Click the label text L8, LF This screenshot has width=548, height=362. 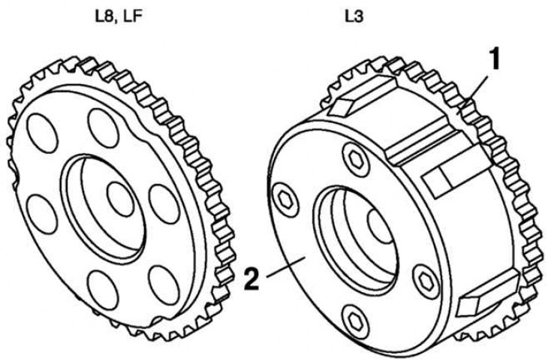[119, 17]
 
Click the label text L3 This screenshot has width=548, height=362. [354, 17]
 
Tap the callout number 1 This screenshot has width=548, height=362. [493, 60]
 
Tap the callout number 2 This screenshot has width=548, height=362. [252, 279]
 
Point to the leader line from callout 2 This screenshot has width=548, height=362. [286, 267]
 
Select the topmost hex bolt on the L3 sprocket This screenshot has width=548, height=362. [356, 160]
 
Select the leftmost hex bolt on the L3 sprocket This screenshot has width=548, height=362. [285, 200]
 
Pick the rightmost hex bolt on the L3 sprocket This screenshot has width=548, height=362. [426, 282]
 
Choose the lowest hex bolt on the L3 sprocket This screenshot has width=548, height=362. [356, 322]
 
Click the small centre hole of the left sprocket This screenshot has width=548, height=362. [121, 199]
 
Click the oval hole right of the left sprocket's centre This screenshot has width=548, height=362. [164, 204]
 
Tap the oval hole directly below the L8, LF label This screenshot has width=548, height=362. [104, 128]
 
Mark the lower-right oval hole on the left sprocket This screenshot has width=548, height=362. [164, 285]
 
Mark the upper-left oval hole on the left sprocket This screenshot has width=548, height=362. [42, 133]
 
